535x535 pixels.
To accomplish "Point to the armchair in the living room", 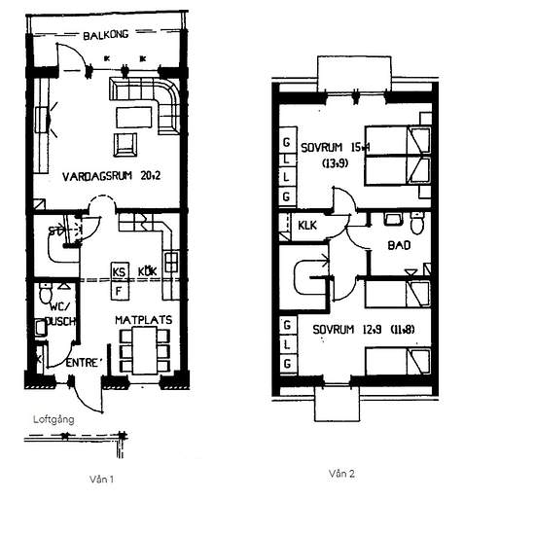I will (x=125, y=145).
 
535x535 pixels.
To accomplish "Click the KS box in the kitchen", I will (x=120, y=271).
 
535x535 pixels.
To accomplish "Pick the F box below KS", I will (x=120, y=289).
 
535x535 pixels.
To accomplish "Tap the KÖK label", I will (x=148, y=271).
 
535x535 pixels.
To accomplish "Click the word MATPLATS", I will (x=142, y=317).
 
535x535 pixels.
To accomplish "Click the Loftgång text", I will (x=53, y=421).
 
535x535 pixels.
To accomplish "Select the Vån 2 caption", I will (x=343, y=474).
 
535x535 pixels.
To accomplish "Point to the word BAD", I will (x=399, y=246).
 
